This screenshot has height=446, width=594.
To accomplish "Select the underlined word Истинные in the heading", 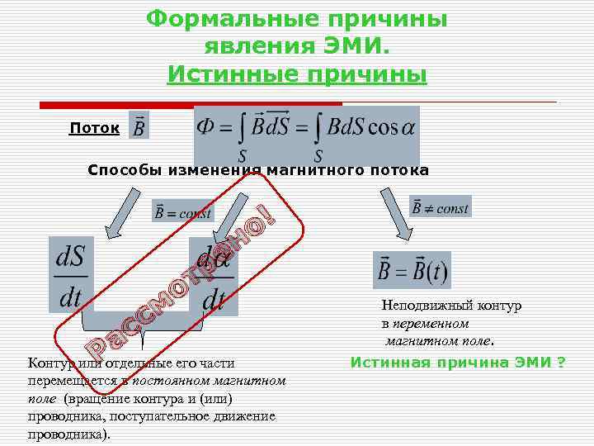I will point(233,75).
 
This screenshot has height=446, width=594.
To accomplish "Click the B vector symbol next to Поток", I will point(139,126).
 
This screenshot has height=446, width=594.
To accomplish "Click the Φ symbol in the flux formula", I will point(206,126).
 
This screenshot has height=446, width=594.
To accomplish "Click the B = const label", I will point(182,211).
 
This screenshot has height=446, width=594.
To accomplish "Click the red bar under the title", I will point(190,105).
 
